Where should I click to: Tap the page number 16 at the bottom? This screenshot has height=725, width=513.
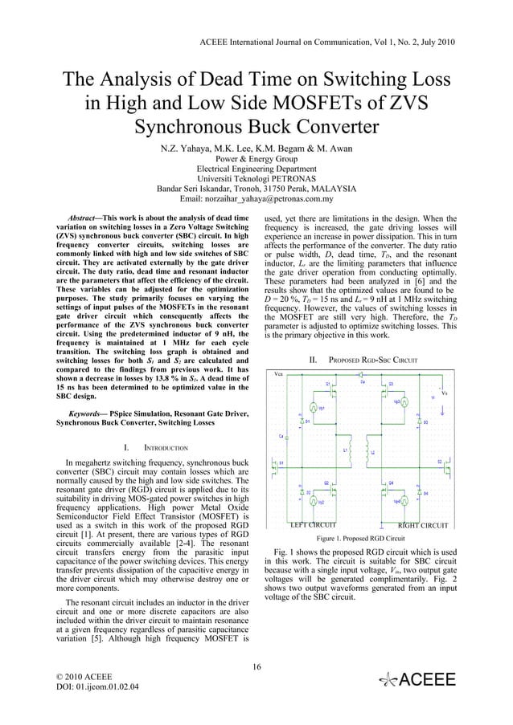[256, 666]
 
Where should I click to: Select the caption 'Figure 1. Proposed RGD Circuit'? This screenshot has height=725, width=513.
[360, 539]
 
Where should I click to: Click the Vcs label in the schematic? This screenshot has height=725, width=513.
[278, 374]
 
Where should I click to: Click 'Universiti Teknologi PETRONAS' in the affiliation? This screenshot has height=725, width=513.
[256, 179]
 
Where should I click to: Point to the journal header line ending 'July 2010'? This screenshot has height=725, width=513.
[326, 39]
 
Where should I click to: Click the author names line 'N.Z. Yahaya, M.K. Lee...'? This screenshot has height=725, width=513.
[256, 149]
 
